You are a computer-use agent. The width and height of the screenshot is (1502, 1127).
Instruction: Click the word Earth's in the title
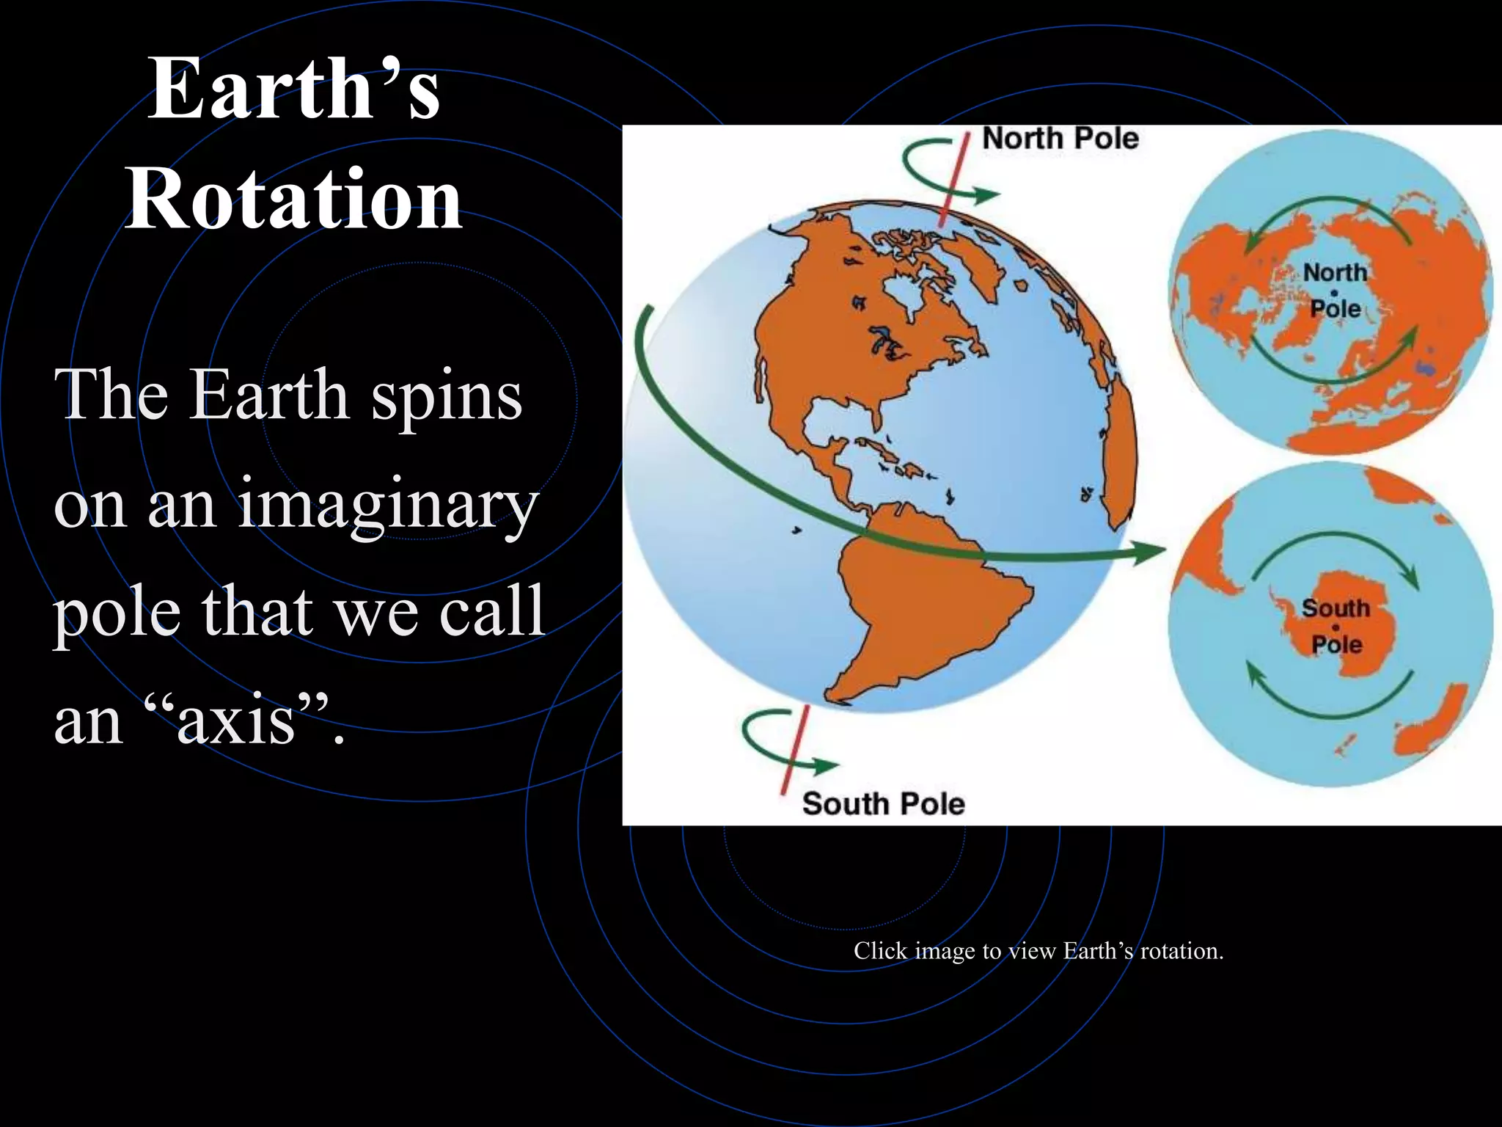(x=293, y=90)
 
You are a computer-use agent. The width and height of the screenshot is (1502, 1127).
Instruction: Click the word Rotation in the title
(x=293, y=200)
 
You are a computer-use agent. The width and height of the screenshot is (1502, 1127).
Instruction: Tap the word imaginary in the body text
(x=388, y=506)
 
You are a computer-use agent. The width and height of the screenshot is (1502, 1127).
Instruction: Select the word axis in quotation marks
(x=235, y=721)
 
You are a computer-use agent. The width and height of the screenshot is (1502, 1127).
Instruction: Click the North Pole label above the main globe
(x=1060, y=139)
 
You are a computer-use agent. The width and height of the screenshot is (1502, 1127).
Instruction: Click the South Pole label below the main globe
(x=883, y=803)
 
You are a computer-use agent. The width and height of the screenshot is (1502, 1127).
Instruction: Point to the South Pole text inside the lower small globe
(x=1336, y=626)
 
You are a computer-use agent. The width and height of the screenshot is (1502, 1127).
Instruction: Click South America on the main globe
(x=931, y=609)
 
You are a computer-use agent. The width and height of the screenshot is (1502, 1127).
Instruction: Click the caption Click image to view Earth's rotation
(x=1038, y=951)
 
